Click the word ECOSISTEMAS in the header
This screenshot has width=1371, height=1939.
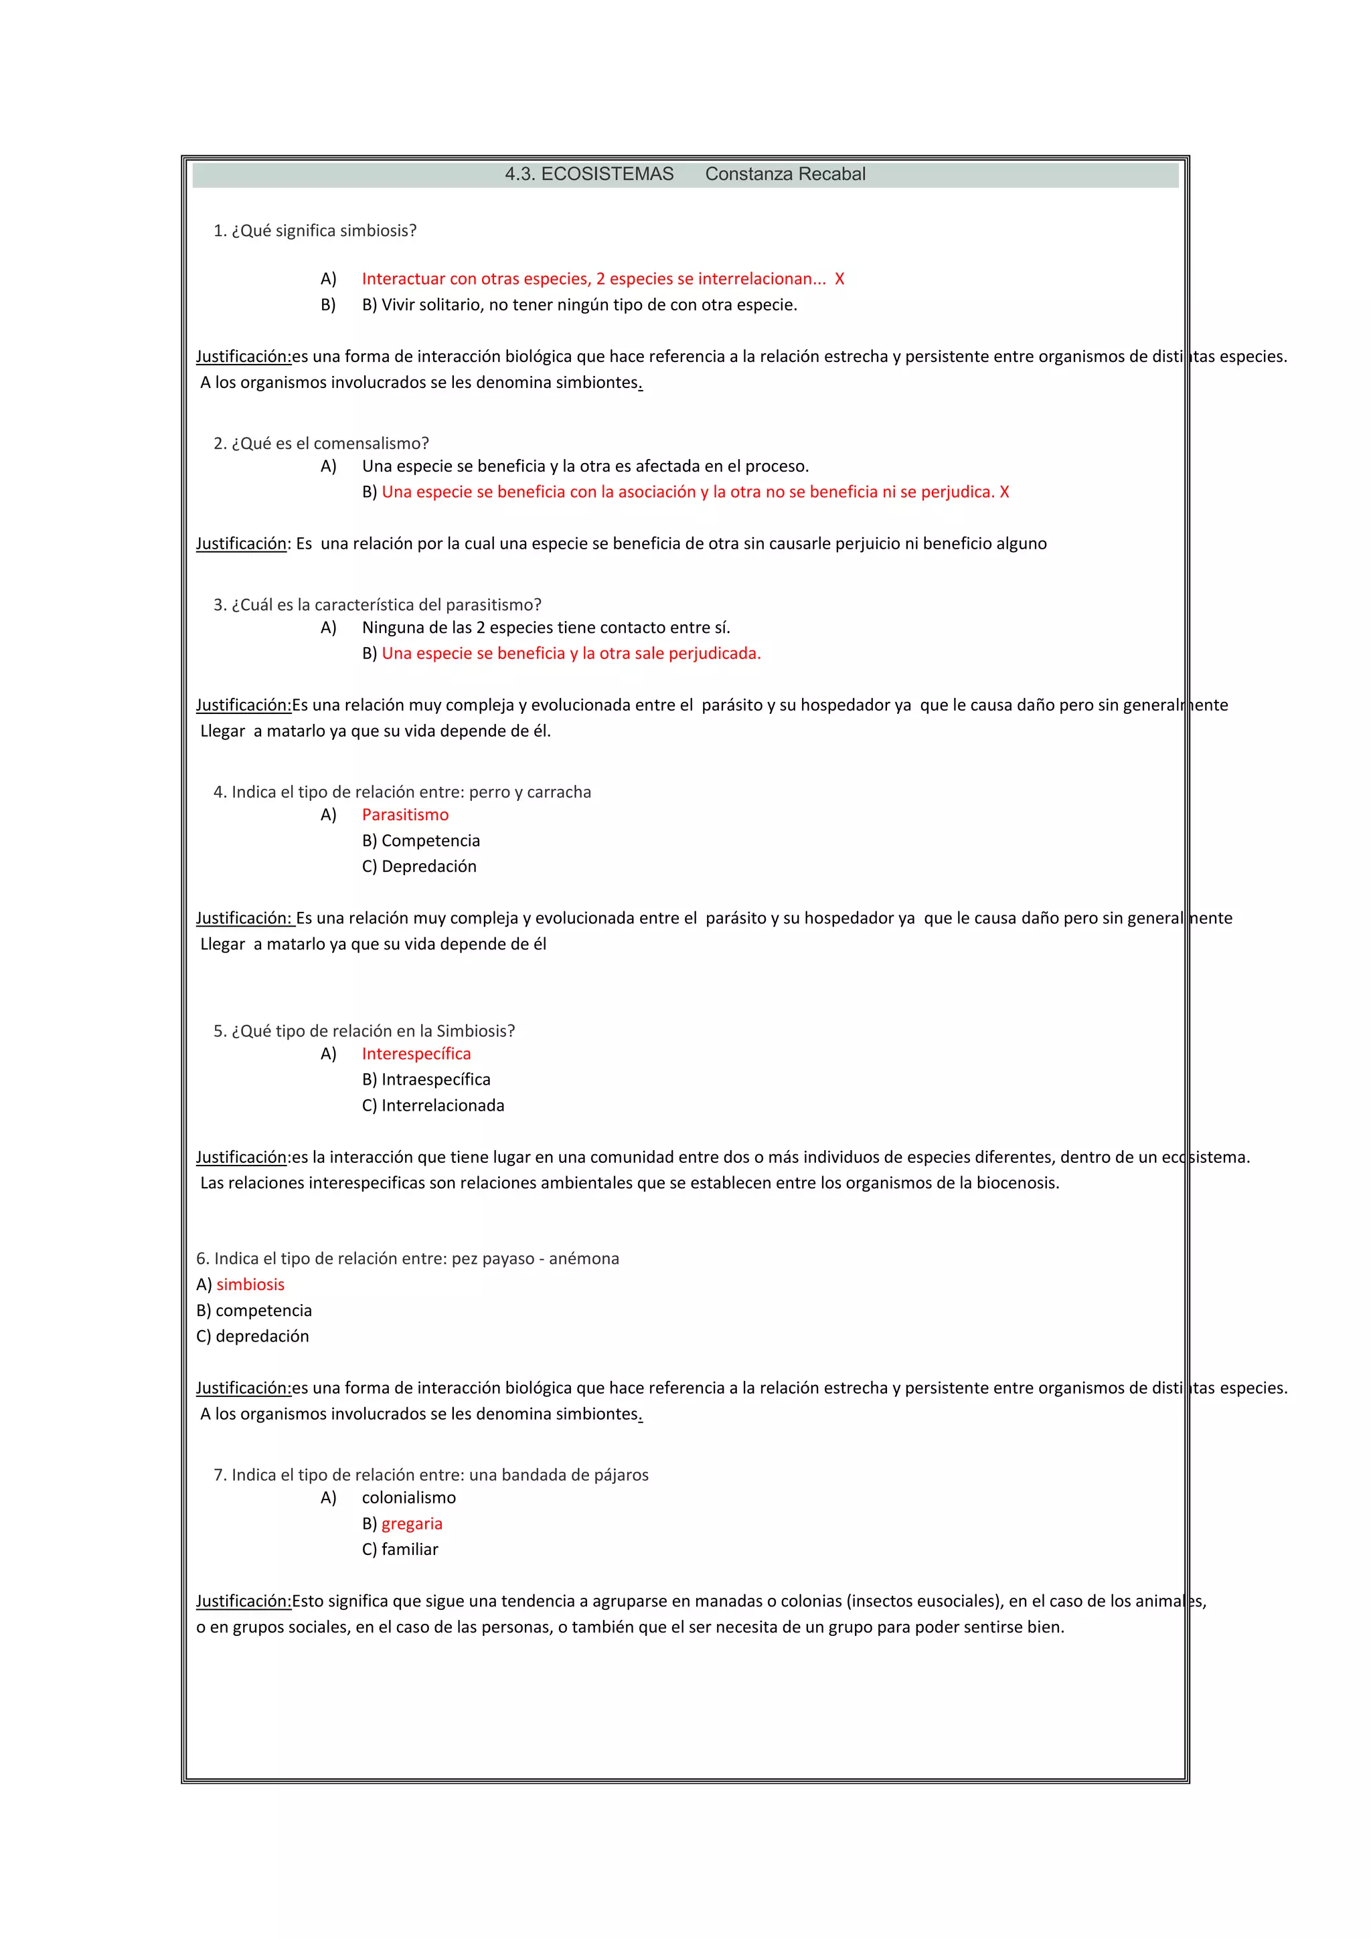(607, 174)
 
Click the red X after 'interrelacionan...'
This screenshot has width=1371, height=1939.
(839, 279)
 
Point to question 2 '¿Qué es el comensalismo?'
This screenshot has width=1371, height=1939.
(321, 444)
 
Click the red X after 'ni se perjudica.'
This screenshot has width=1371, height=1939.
(1003, 492)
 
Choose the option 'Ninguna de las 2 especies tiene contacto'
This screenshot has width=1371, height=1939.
(546, 628)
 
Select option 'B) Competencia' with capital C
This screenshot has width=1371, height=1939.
(420, 840)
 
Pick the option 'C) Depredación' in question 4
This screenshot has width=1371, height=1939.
(419, 866)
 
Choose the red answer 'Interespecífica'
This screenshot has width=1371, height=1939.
(416, 1054)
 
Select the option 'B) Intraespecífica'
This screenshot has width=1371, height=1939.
(426, 1079)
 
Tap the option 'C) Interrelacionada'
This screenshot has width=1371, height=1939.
(432, 1105)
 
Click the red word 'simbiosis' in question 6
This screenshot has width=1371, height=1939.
(250, 1285)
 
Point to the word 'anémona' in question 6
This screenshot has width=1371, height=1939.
(584, 1259)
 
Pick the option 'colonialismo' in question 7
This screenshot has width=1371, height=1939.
(409, 1497)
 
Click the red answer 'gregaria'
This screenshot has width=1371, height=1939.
(412, 1523)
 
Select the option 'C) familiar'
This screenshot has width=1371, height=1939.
(400, 1549)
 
